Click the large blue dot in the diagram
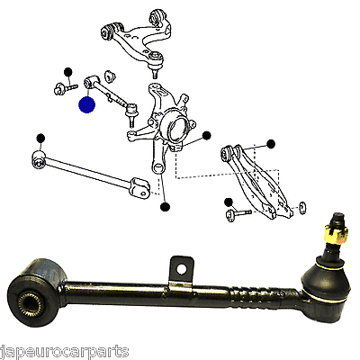pyautogui.click(x=86, y=105)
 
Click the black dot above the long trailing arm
pyautogui.click(x=40, y=138)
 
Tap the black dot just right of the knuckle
pyautogui.click(x=206, y=136)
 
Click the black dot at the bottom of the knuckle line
pyautogui.click(x=165, y=207)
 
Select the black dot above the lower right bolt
pyautogui.click(x=229, y=201)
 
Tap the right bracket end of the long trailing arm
pyautogui.click(x=140, y=186)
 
